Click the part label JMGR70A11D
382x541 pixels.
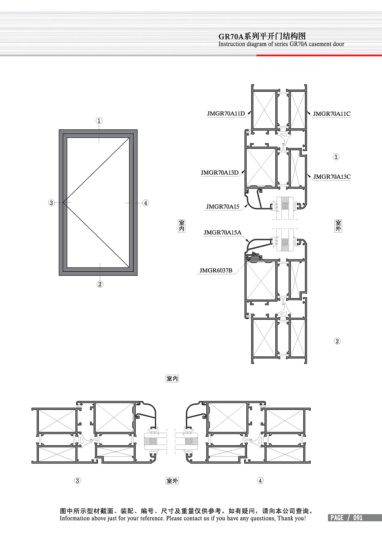tap(226, 113)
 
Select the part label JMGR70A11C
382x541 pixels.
tap(332, 114)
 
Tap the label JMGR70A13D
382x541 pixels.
tap(219, 172)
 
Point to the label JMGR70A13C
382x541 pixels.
tap(332, 177)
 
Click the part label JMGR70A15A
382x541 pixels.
tap(222, 232)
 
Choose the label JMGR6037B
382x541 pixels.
tap(216, 270)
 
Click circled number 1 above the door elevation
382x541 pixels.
tap(99, 121)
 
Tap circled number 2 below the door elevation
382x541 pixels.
tap(100, 284)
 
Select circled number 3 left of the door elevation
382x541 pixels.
tap(51, 203)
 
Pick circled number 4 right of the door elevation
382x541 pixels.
tap(145, 203)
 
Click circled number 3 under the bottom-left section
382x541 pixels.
tap(77, 481)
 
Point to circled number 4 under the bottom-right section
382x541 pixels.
tap(260, 481)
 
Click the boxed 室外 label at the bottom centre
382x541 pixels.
tap(172, 481)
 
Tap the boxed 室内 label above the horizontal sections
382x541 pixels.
tap(172, 378)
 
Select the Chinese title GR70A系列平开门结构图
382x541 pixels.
tap(262, 36)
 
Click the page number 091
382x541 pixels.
tap(358, 518)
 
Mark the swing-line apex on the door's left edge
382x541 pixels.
tap(63, 202)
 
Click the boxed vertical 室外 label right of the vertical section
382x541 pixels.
tap(338, 226)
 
